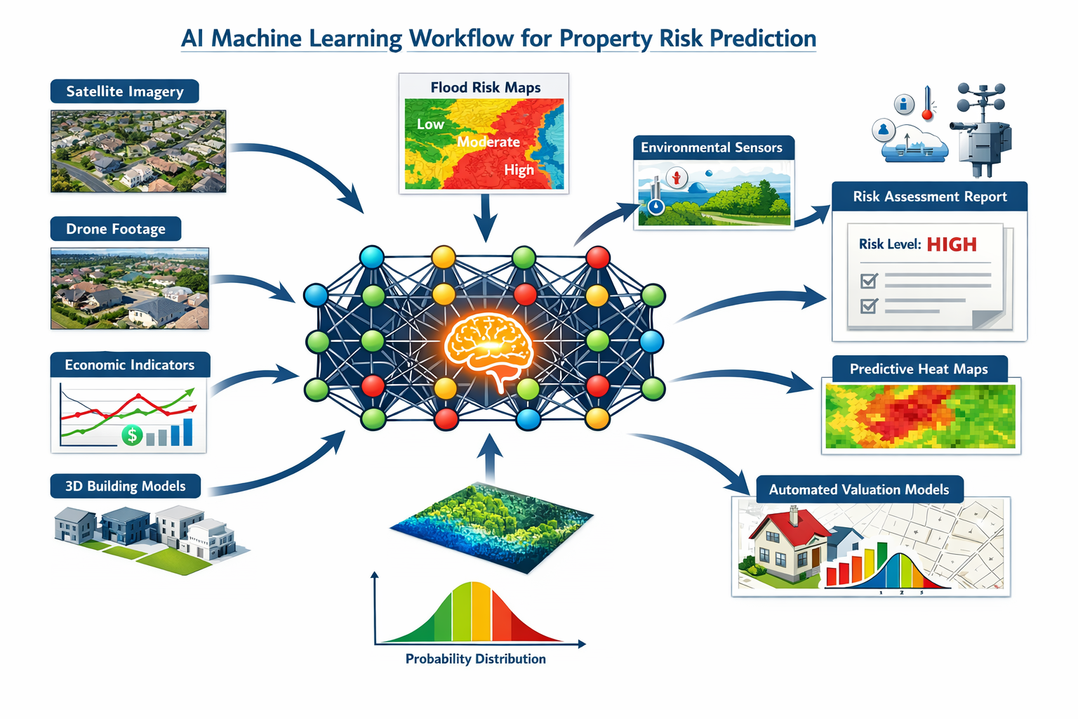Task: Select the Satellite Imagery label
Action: coord(125,91)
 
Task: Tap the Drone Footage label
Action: coord(116,229)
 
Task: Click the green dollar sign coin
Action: coord(132,435)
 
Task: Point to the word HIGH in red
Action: coord(952,244)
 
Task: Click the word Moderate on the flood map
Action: coord(488,142)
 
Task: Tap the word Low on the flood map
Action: coord(430,124)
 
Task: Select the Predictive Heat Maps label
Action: coord(919,369)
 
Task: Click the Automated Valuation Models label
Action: coord(859,489)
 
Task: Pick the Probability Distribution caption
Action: coord(475,659)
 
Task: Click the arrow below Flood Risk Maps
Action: coord(485,218)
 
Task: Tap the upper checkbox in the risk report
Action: coord(869,281)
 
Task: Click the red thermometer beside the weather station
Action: coord(927,104)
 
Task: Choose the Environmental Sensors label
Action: coord(712,147)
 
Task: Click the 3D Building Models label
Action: coord(126,486)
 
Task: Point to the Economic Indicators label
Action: coord(130,364)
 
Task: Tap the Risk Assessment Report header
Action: coord(930,197)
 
